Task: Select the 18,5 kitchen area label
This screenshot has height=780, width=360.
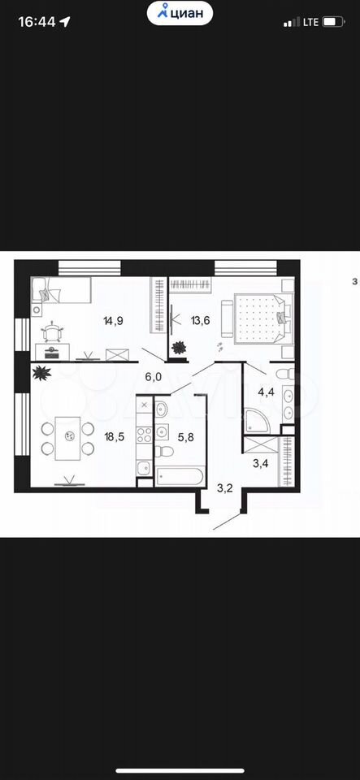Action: tap(114, 437)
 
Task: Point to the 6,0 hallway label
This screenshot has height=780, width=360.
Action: tap(154, 377)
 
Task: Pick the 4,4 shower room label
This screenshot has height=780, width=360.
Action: tap(265, 392)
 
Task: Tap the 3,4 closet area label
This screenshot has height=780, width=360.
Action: tap(261, 465)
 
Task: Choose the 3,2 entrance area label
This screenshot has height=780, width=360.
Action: tap(225, 487)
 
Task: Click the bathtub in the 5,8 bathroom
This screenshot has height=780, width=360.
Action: tap(180, 475)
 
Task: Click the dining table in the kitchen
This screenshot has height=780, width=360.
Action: tap(67, 438)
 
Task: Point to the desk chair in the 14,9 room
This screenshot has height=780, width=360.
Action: tap(53, 331)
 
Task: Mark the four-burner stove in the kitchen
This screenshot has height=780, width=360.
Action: tap(145, 435)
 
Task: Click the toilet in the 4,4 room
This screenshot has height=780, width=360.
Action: tap(284, 375)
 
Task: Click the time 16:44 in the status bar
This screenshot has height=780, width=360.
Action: tap(37, 22)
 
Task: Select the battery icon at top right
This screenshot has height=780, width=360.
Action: tap(334, 22)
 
